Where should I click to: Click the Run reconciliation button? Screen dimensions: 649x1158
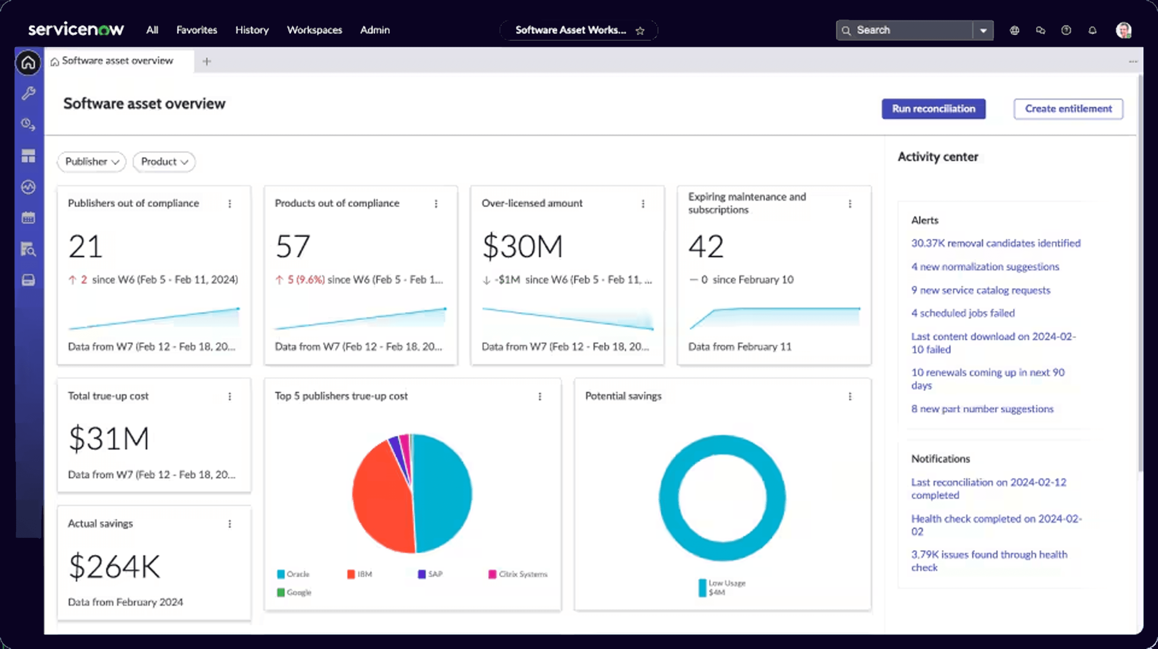coord(933,109)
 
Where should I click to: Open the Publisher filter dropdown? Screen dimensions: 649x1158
coord(92,162)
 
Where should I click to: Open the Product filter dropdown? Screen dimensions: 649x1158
coord(164,162)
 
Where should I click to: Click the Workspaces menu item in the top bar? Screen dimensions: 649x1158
coord(314,30)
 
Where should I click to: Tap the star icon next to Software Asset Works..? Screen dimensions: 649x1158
coord(640,30)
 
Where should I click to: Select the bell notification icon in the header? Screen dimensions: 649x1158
coord(1092,30)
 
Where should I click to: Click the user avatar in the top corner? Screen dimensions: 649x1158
coord(1123,30)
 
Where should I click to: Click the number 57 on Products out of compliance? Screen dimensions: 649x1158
coord(293,246)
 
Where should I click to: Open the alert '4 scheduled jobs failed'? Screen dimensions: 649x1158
coord(963,313)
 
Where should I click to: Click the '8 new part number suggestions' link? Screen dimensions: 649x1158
coord(982,409)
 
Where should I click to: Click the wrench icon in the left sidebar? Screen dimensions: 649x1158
coord(28,93)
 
